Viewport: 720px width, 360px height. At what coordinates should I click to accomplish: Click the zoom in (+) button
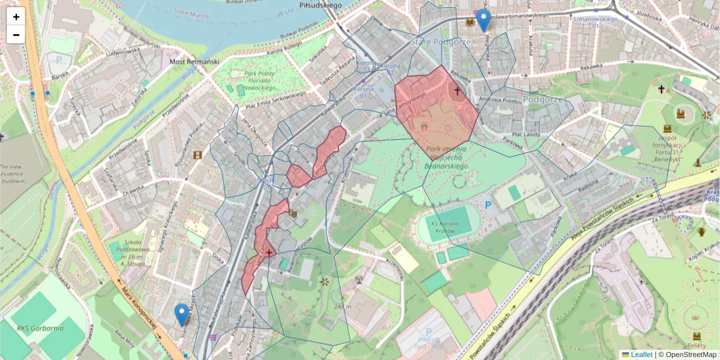[x=16, y=17]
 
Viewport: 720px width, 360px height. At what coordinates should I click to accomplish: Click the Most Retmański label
[x=194, y=61]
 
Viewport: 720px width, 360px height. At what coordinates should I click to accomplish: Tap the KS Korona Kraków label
[x=447, y=227]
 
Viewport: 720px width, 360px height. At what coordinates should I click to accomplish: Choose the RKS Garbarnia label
[x=40, y=328]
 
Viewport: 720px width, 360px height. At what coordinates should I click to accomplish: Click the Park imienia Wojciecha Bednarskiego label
[x=446, y=156]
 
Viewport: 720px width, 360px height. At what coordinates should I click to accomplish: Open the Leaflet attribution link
[x=641, y=355]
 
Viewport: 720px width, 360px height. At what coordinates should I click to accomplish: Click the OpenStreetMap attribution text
[x=687, y=355]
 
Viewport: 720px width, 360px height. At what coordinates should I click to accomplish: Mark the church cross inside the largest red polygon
[x=457, y=91]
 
